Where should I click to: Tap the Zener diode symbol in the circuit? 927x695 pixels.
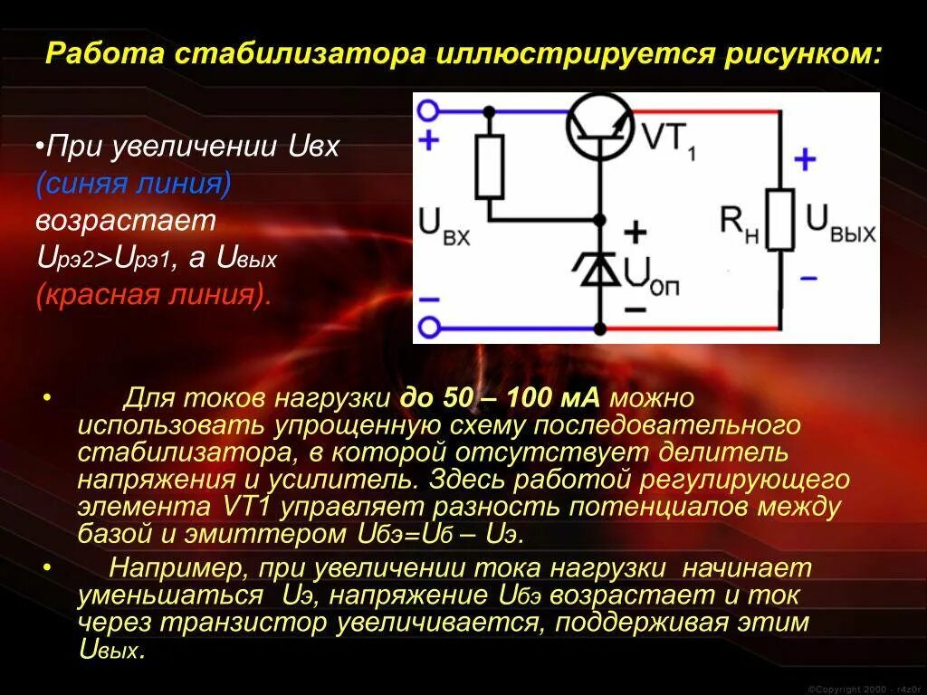[x=598, y=269]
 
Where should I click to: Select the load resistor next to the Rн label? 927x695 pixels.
[x=779, y=219]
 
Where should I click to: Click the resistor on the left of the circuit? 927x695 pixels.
[x=489, y=167]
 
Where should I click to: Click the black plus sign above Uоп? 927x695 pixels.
[x=636, y=233]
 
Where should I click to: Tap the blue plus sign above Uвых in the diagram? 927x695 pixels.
[x=804, y=161]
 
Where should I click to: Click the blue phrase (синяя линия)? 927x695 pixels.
[x=134, y=184]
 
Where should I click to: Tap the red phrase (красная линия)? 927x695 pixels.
[x=154, y=295]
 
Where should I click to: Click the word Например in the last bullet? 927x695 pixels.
[x=177, y=569]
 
